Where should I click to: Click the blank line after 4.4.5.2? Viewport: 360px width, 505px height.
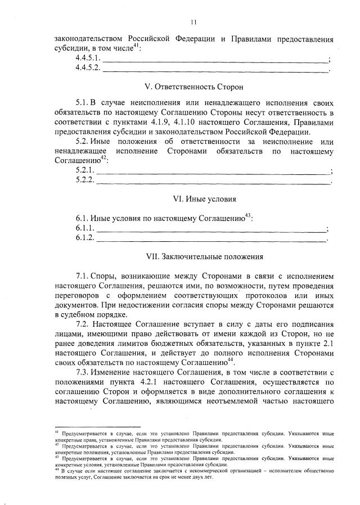pyautogui.click(x=214, y=70)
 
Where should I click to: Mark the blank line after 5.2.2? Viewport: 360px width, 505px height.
pyautogui.click(x=214, y=182)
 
